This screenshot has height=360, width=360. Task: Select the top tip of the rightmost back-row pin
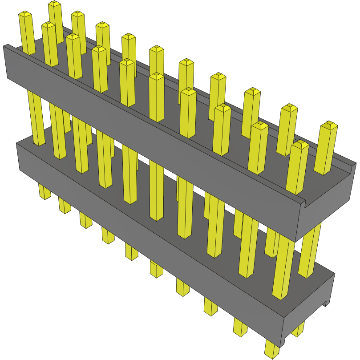330,124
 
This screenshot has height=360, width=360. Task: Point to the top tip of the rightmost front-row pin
300,144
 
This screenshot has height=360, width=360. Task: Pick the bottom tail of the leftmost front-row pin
44,192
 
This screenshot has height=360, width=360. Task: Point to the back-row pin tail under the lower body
299,329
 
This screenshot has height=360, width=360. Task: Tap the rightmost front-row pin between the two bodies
283,267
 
